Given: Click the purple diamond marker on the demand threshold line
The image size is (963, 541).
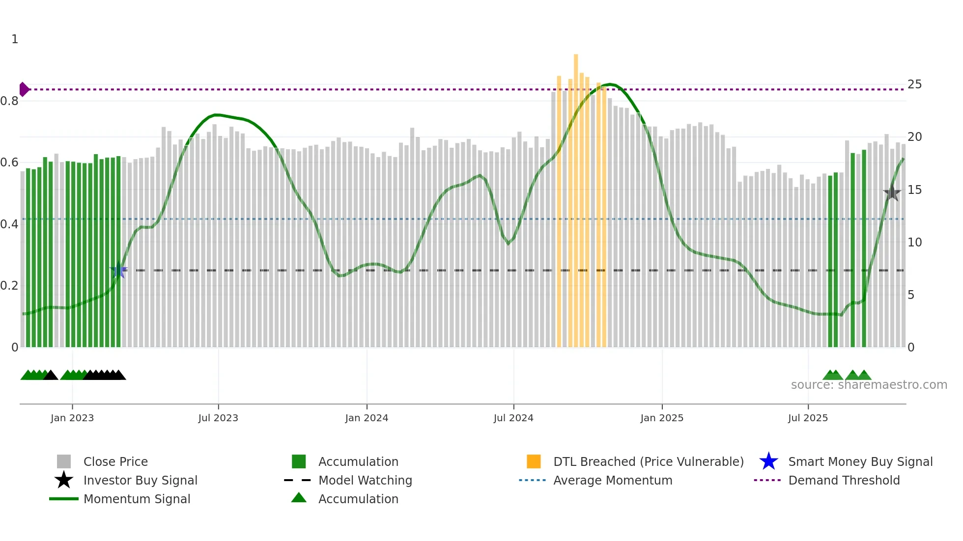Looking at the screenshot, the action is coord(24,89).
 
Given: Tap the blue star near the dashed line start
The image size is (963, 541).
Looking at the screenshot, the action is coord(118,270).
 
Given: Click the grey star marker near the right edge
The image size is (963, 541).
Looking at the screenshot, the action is coord(892,193).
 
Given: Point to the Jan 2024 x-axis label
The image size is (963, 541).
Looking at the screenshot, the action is coord(367,418).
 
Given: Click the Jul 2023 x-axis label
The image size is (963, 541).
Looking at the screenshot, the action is coord(218,418).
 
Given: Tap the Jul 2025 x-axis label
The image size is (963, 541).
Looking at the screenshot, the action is coord(808,418).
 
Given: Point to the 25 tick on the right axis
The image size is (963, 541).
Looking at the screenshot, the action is coord(914,84).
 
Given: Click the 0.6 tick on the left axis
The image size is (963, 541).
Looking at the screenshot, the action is coord(9,162).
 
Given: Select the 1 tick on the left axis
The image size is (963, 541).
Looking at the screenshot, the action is coord(15,39).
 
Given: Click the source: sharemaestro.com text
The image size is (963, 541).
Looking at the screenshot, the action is coord(869,385).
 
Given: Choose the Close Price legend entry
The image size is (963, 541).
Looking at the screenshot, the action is coord(115,461).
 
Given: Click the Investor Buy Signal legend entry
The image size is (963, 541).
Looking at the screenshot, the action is coord(140,480).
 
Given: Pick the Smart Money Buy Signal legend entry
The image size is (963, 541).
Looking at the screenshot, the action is coord(860,461).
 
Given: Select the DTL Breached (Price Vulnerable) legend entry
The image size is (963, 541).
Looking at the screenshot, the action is coord(648,461).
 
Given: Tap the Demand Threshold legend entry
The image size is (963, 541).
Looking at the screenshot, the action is coord(844,480).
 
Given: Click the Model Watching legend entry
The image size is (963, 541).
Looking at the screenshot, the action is coord(365,480).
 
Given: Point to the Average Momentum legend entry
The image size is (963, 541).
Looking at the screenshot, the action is coord(612,480).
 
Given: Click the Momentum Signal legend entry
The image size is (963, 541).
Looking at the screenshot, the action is coord(137,499).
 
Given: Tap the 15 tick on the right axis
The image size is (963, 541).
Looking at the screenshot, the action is coord(914,190).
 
